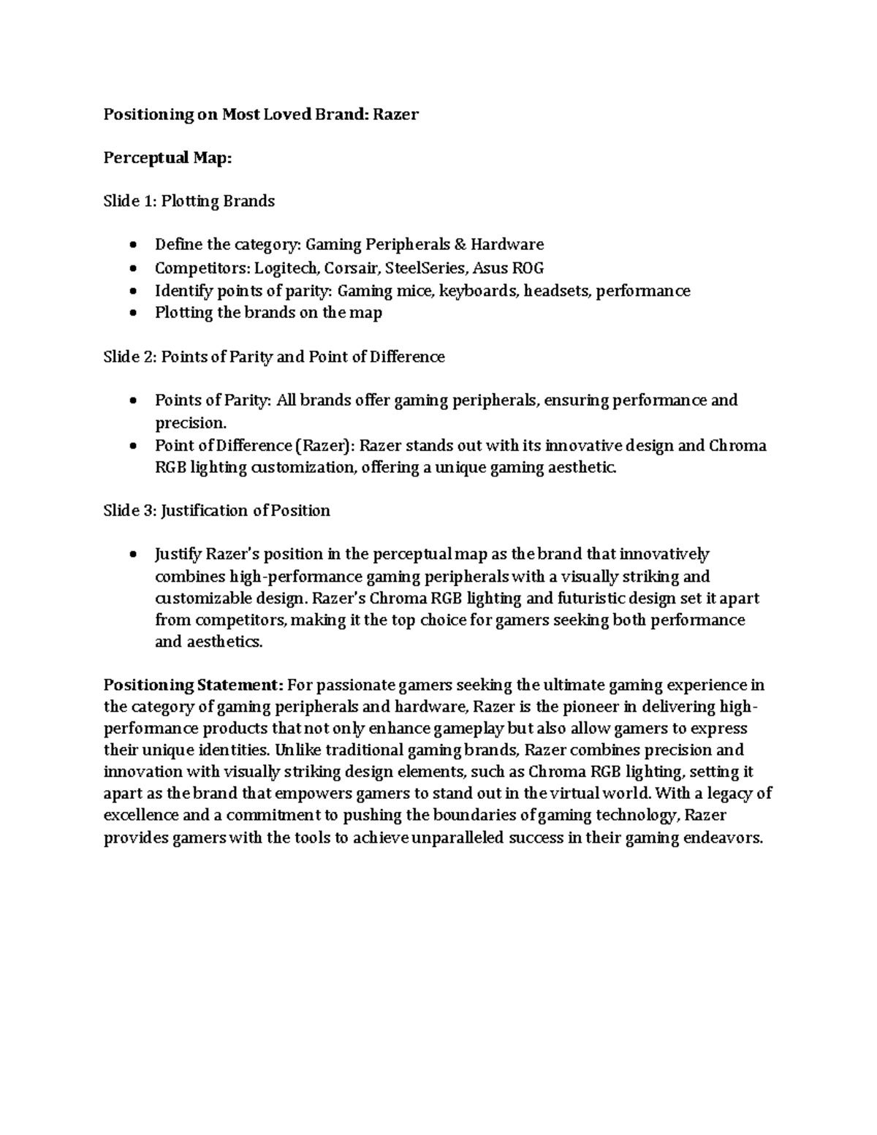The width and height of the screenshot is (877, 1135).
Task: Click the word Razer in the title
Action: point(396,114)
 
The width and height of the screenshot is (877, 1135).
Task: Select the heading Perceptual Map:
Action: point(167,158)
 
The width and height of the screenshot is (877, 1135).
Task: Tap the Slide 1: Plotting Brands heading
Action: point(189,201)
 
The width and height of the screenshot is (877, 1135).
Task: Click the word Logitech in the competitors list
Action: point(286,267)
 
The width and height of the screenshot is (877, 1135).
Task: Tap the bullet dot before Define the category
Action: point(132,245)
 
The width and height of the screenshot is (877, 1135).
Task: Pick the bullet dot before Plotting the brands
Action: point(132,314)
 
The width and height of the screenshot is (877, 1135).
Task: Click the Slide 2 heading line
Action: point(273,357)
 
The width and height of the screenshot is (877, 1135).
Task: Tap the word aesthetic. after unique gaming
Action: point(582,468)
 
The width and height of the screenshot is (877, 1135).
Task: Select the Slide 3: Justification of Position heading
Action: point(216,511)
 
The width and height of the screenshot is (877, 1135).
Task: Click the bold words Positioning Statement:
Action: point(193,686)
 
